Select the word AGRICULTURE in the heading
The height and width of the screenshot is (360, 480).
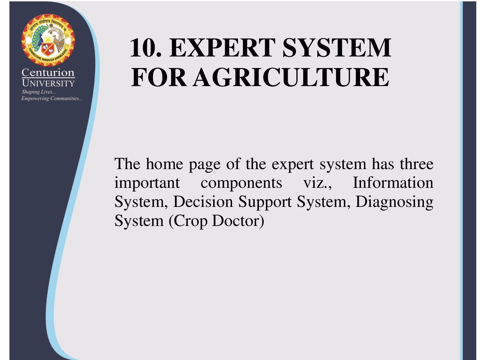click(x=291, y=77)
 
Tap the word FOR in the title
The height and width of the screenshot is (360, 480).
click(x=159, y=77)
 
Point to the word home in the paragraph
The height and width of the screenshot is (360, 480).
click(x=164, y=164)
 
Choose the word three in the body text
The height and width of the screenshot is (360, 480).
click(x=417, y=164)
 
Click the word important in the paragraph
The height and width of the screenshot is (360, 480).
click(x=147, y=183)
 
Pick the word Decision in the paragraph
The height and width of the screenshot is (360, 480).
click(x=203, y=201)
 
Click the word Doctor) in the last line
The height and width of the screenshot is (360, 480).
click(x=238, y=221)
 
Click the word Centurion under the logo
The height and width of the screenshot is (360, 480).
click(x=48, y=72)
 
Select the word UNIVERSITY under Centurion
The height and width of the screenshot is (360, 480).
click(x=48, y=83)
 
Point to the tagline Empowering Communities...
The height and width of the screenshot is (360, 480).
click(x=52, y=98)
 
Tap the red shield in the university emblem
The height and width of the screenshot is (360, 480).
click(x=47, y=49)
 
